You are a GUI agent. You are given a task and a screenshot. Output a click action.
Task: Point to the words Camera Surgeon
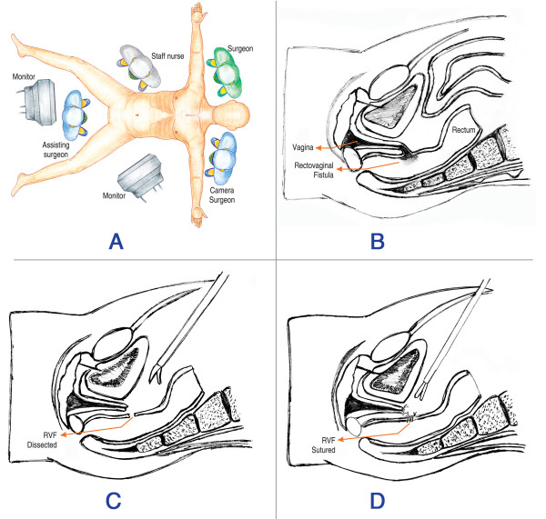point(252,193)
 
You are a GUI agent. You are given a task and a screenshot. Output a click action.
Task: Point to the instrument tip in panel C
point(157,372)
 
